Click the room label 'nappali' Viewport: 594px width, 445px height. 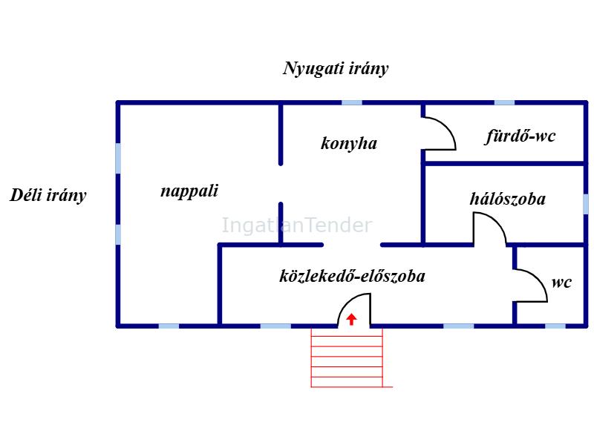coord(189,191)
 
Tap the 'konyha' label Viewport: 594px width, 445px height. coord(349,143)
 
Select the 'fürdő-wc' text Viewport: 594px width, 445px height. coord(520,136)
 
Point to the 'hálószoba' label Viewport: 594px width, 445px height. coord(508,199)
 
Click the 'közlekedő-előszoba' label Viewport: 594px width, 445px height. coord(352,276)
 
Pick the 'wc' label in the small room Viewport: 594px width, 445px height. coord(561,283)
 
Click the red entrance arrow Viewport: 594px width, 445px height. coord(351,319)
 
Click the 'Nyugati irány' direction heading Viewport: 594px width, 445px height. coord(336,69)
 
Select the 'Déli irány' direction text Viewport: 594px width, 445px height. coord(48,196)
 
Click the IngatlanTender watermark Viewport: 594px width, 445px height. coord(297,225)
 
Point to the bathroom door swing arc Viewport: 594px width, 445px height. coord(440,133)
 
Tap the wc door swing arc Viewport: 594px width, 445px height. coord(531,286)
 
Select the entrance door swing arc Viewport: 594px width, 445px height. coord(354,309)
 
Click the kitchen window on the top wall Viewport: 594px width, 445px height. coord(352,102)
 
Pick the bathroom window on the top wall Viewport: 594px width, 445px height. coord(505,102)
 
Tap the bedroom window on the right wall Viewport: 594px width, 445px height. coord(586,204)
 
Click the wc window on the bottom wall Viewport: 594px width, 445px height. coord(555,326)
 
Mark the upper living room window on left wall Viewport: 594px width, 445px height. coord(118,158)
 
